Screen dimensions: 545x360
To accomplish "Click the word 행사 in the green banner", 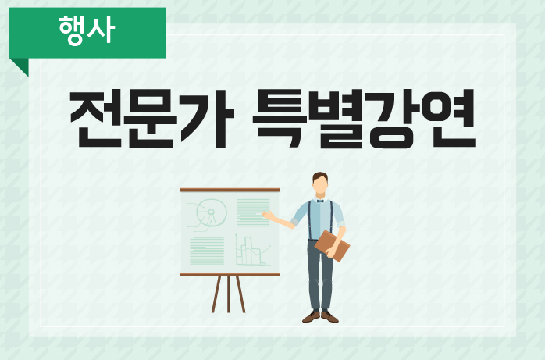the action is coord(87,30).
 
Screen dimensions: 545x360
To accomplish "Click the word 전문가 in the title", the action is coord(152,119).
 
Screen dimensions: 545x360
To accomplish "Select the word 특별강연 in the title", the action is coord(364,119).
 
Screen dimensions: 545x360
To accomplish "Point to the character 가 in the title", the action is coord(208,119).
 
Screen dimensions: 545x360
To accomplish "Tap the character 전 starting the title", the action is coord(96,119).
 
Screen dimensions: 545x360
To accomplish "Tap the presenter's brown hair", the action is coord(320,176).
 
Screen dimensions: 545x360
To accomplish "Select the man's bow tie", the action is coord(320,201).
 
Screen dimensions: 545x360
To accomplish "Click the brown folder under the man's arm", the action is coord(332,246).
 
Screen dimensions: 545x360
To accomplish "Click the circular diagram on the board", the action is coord(211,212).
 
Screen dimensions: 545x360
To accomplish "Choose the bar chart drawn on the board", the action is coord(252,250).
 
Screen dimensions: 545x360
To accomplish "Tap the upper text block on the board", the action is coord(253,212).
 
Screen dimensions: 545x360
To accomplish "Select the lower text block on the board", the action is coord(207,251).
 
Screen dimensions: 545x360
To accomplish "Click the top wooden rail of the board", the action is coord(230,190).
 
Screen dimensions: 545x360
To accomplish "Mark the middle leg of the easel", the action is coord(229,294).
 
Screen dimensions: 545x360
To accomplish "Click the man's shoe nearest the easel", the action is coord(311,316).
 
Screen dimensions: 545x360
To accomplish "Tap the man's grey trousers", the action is coord(320,275).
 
